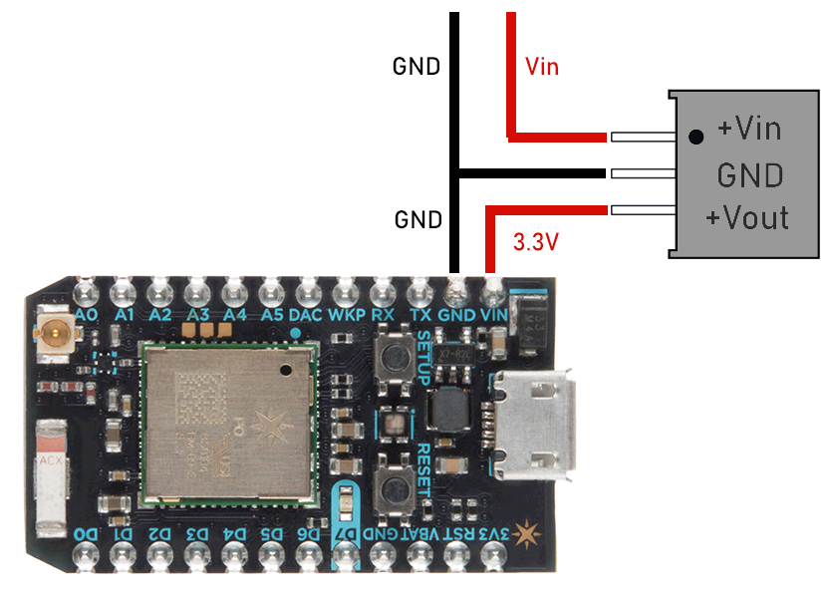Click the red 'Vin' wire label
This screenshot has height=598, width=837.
click(542, 68)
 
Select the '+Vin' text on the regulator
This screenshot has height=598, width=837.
click(748, 129)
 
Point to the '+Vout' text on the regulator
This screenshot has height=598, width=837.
click(746, 217)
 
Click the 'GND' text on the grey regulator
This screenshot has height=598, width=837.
click(749, 175)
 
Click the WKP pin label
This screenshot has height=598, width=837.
click(345, 314)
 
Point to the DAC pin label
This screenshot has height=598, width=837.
click(304, 314)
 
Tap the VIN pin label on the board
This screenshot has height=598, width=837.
click(494, 314)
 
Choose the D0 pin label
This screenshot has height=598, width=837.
click(86, 535)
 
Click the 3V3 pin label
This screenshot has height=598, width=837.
click(494, 535)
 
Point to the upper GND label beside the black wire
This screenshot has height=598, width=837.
click(417, 67)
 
